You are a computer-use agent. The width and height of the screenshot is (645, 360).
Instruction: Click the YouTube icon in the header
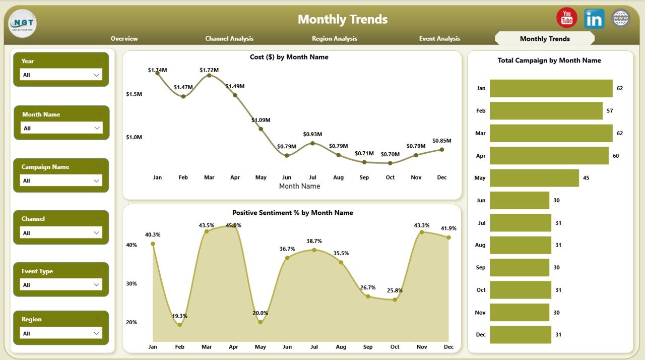click(x=567, y=18)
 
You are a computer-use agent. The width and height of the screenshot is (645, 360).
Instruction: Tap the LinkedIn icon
click(x=594, y=19)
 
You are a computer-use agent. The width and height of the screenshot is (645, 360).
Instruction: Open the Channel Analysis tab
click(x=229, y=39)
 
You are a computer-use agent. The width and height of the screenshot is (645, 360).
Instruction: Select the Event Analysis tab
click(x=439, y=39)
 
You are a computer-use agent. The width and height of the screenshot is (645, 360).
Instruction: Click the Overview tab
click(x=124, y=39)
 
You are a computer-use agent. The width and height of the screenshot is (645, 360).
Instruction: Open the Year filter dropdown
click(x=61, y=75)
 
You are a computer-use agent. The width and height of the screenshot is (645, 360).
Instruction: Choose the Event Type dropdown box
click(x=61, y=285)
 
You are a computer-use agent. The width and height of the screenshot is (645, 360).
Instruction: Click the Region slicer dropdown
click(x=61, y=333)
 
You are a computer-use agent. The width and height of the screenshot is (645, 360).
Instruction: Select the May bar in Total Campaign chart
click(x=534, y=178)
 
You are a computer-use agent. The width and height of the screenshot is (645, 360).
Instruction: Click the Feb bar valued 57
click(x=546, y=111)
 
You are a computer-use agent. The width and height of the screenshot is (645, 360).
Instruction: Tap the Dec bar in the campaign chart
click(x=521, y=334)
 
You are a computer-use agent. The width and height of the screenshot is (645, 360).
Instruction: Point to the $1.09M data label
click(x=261, y=120)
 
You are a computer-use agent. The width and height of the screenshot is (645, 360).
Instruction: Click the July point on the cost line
click(x=312, y=143)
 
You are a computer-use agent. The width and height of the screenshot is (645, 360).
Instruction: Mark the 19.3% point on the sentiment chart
click(x=180, y=325)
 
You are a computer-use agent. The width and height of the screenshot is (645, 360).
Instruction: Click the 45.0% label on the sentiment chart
click(x=233, y=225)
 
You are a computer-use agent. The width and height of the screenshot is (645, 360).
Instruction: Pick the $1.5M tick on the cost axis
click(x=134, y=94)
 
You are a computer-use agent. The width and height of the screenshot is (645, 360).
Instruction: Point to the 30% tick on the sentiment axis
click(x=132, y=284)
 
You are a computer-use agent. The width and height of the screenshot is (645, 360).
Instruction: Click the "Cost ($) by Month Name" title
click(x=289, y=57)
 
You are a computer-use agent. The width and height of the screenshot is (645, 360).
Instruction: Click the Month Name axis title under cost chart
click(x=299, y=186)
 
